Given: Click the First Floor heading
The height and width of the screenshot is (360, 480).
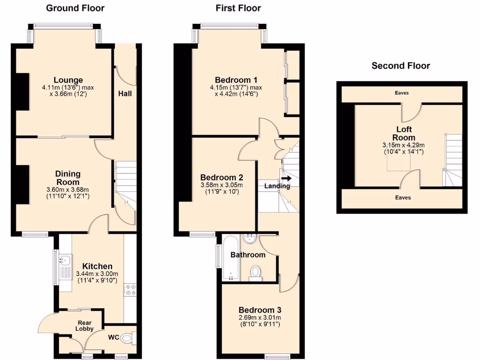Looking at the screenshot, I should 238,8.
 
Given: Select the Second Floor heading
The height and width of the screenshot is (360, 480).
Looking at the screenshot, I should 401,66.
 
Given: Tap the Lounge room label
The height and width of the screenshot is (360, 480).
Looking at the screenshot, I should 68,80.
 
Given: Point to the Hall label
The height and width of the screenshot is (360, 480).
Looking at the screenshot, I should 125,93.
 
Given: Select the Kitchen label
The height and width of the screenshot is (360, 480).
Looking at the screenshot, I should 97,266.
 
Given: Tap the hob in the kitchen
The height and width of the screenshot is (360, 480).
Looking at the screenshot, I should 130,290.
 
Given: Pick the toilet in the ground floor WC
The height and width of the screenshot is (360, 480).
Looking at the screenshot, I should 128,337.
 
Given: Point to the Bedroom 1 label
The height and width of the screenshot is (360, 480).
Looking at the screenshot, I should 236,79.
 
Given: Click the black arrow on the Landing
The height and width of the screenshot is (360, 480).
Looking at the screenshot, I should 286,178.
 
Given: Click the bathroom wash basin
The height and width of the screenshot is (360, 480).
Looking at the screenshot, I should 249,239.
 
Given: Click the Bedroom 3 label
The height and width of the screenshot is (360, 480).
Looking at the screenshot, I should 260,310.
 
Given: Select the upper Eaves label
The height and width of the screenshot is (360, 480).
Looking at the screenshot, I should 402,93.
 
